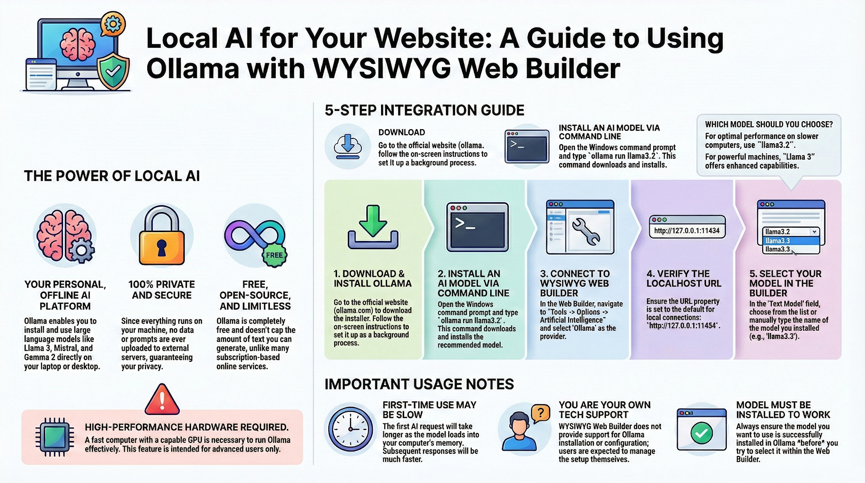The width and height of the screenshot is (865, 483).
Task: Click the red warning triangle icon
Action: coord(162,400)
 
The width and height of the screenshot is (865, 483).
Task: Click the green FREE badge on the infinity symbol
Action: coord(274,255)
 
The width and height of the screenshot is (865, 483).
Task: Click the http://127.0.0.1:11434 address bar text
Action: coord(687,231)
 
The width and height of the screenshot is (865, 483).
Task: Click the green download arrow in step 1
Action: coord(373,221)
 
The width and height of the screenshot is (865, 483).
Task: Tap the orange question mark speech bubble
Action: coord(541,412)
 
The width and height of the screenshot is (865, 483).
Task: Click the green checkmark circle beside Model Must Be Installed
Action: coord(701,433)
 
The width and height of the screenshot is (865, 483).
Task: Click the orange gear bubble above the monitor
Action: coord(112,24)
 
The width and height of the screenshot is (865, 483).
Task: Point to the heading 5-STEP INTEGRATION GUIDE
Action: coord(424,110)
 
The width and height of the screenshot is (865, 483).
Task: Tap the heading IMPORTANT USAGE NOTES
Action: coord(419,384)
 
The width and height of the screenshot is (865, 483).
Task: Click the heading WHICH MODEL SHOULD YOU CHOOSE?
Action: coord(769,124)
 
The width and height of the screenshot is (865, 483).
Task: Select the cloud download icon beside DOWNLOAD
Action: coord(347,146)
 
